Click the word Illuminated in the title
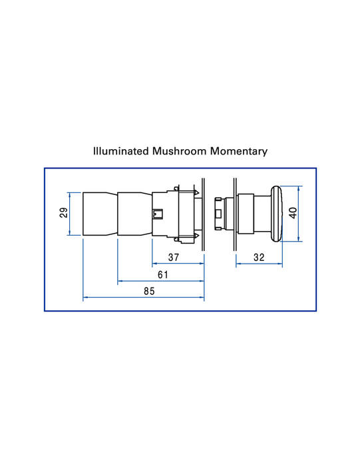point(121,151)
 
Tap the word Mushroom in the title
point(179,151)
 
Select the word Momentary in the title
point(239,152)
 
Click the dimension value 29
point(64,213)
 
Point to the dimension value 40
point(293,214)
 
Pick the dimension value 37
point(174,257)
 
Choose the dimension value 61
point(163,274)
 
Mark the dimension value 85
point(149,291)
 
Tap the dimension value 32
point(259,257)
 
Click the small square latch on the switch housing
point(157,214)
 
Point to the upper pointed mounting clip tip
point(198,191)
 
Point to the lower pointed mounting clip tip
point(198,236)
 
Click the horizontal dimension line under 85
point(144,297)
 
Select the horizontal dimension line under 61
point(161,280)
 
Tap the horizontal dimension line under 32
point(259,264)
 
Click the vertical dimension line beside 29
point(70,214)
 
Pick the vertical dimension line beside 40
point(299,214)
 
